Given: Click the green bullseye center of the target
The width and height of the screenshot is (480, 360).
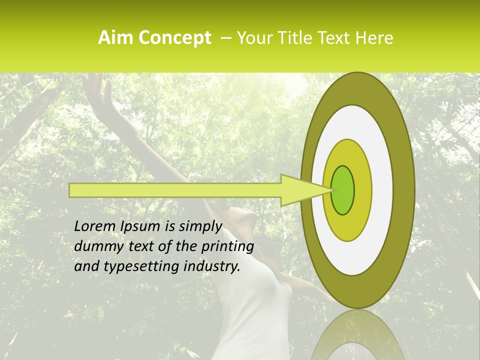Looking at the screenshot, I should [343, 190].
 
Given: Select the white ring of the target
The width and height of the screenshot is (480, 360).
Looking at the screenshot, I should [382, 190].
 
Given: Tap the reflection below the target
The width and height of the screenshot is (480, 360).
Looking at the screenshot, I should [358, 335].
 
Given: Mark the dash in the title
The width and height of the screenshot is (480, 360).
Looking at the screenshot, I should [225, 38].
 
